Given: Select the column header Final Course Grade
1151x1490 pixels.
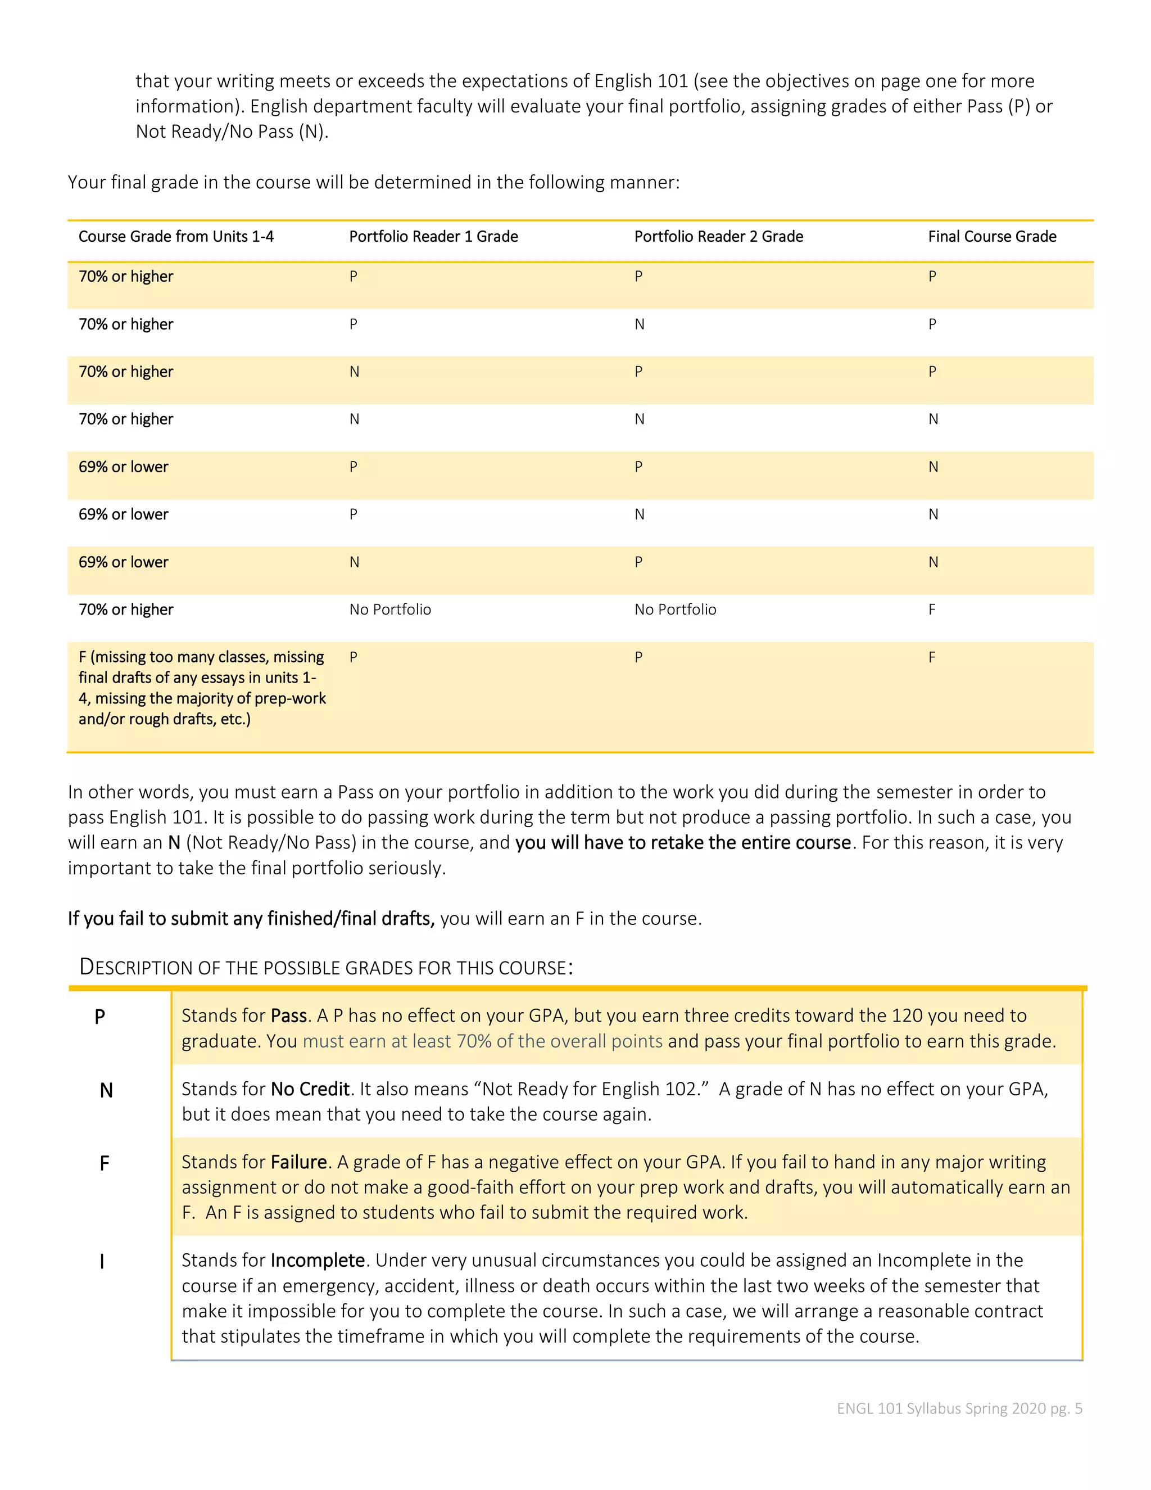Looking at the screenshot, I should pyautogui.click(x=991, y=237).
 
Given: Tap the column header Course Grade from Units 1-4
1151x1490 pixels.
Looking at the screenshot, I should pyautogui.click(x=176, y=237).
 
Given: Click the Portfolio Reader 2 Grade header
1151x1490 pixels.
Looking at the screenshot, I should pyautogui.click(x=718, y=237).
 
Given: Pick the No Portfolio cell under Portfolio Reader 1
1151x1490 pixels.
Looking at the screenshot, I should pyautogui.click(x=390, y=610).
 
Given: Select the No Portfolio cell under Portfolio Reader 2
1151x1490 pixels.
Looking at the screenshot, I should pyautogui.click(x=675, y=610).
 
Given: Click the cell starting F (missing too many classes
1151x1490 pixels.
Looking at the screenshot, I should pyautogui.click(x=202, y=688).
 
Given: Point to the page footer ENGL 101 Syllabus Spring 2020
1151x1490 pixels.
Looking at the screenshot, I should pyautogui.click(x=959, y=1408).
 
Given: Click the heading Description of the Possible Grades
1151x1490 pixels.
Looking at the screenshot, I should pyautogui.click(x=326, y=968).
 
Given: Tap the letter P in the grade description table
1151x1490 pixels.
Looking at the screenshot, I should pyautogui.click(x=99, y=1017).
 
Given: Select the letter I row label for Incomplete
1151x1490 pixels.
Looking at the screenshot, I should pyautogui.click(x=102, y=1262).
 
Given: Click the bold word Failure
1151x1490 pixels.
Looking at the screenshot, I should pyautogui.click(x=298, y=1162).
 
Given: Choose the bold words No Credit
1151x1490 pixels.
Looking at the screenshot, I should pyautogui.click(x=310, y=1089).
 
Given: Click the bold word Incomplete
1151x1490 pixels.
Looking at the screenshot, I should pyautogui.click(x=318, y=1260).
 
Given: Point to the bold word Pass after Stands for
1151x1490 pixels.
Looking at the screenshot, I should pyautogui.click(x=288, y=1016).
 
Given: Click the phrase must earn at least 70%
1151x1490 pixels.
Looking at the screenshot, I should pyautogui.click(x=482, y=1041).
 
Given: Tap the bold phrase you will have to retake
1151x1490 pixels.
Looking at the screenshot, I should pyautogui.click(x=682, y=843).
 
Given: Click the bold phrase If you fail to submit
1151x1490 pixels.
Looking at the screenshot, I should pyautogui.click(x=250, y=919).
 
